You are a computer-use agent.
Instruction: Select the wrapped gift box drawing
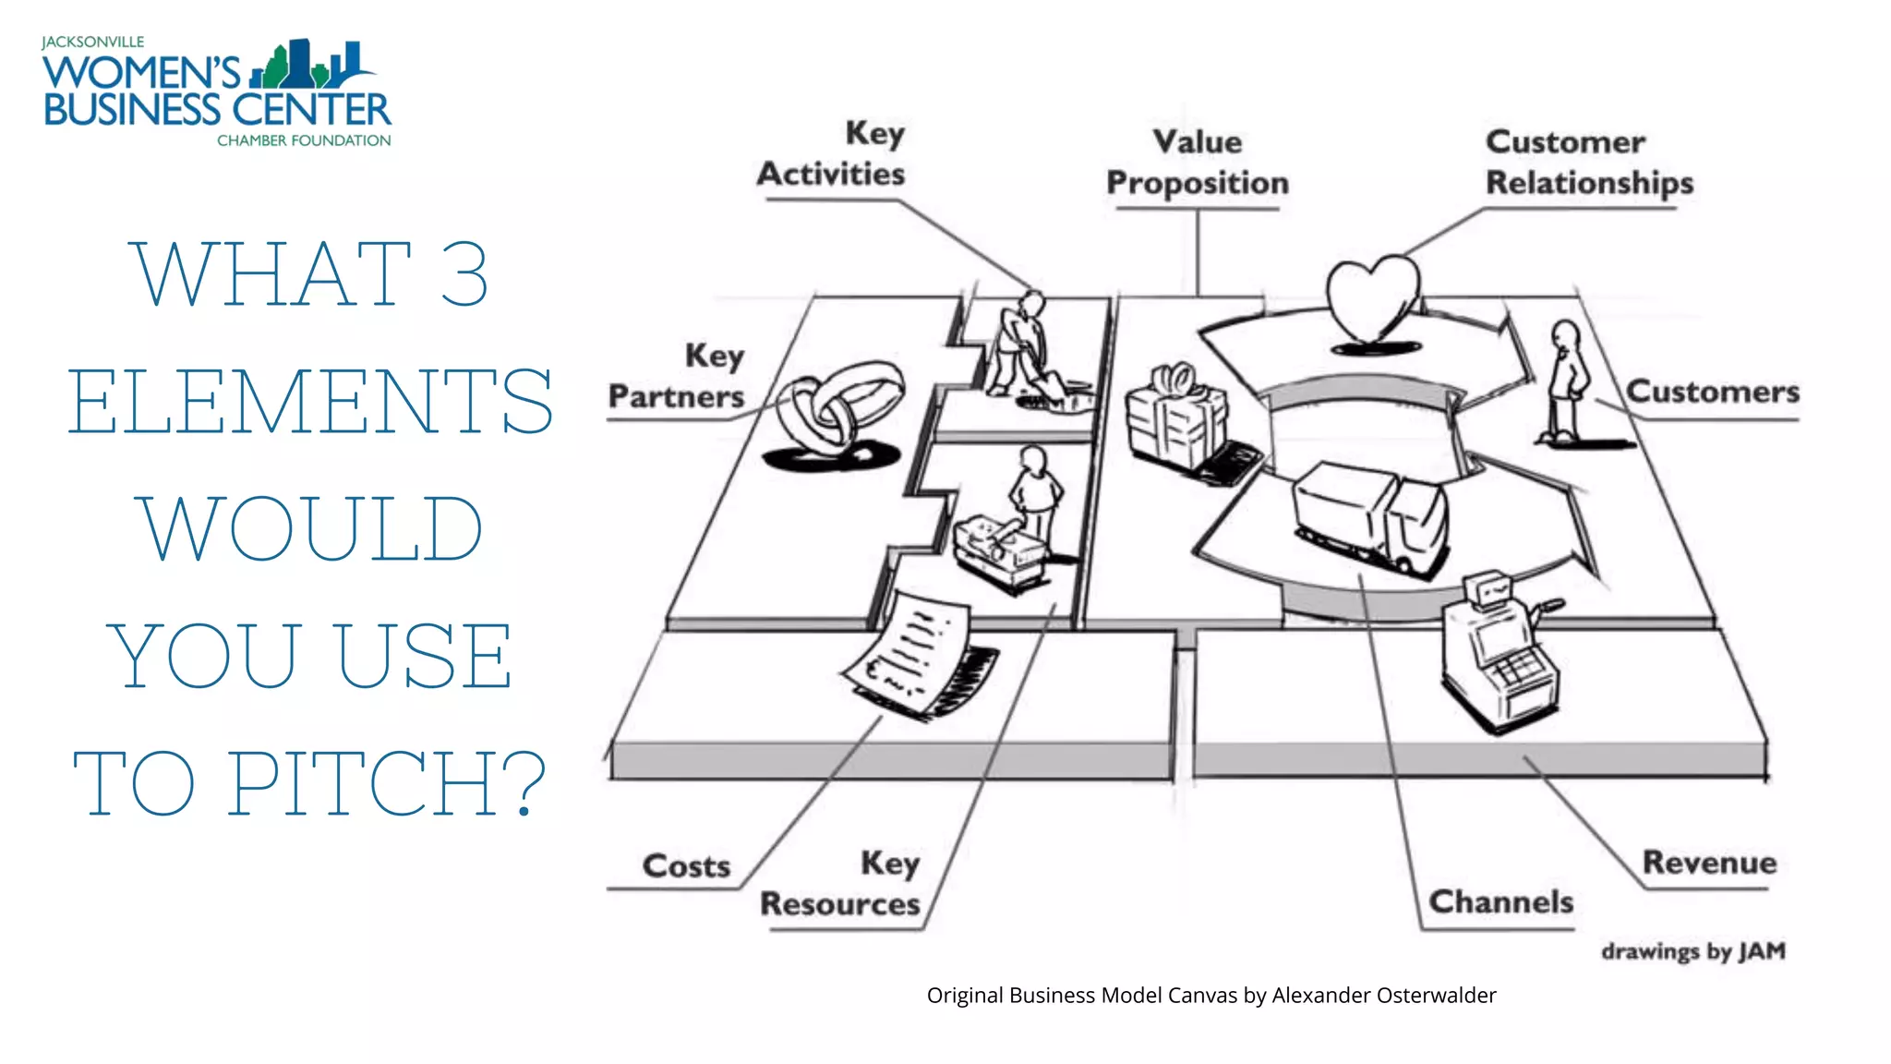click(1175, 417)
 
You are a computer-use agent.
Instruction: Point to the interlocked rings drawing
click(838, 413)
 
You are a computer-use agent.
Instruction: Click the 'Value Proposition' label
click(1198, 163)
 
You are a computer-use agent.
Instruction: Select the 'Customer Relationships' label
click(1588, 163)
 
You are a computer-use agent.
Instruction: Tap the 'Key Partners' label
click(677, 376)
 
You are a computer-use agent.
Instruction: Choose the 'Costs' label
click(686, 866)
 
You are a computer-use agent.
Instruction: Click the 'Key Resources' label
click(840, 884)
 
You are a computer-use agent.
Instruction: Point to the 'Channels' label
click(1500, 901)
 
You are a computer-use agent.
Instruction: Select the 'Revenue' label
click(1709, 863)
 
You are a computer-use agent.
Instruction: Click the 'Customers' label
click(1713, 392)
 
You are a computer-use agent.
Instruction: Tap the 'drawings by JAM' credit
click(1693, 951)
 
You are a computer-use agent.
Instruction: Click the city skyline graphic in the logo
click(309, 65)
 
